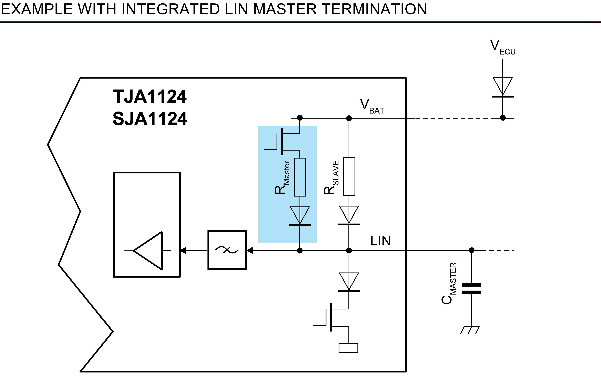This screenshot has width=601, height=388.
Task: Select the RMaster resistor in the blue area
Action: pyautogui.click(x=300, y=177)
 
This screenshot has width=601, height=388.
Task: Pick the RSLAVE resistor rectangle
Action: pyautogui.click(x=349, y=176)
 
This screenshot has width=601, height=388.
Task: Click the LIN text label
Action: pyautogui.click(x=380, y=241)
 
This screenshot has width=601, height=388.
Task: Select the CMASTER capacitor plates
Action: pyautogui.click(x=471, y=289)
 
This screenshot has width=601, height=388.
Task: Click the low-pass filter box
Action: pyautogui.click(x=227, y=250)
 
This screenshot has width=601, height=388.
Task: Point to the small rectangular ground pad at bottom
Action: pyautogui.click(x=348, y=348)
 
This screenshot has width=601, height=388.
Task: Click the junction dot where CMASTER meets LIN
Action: pyautogui.click(x=472, y=250)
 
